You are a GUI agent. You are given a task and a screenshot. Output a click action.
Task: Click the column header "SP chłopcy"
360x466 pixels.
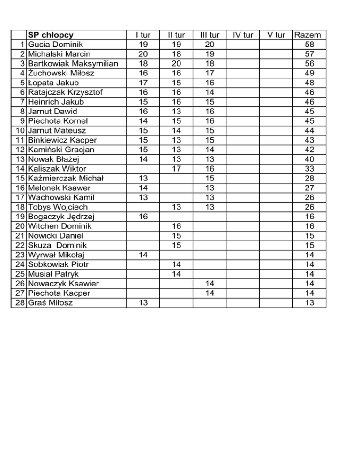pos(51,35)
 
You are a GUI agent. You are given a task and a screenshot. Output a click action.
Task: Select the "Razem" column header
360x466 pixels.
pos(307,35)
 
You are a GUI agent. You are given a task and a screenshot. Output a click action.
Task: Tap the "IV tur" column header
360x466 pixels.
pos(243,35)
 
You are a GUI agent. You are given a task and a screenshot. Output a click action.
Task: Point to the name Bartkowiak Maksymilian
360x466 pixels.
pos(73,64)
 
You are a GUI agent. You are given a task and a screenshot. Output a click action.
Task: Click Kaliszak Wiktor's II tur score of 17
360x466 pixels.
pos(176,169)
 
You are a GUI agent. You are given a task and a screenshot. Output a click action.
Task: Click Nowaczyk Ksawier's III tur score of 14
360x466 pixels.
pos(210,284)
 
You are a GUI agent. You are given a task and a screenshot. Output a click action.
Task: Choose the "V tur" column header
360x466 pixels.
pos(275,35)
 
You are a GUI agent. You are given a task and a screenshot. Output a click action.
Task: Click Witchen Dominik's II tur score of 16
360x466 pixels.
pos(176,226)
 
